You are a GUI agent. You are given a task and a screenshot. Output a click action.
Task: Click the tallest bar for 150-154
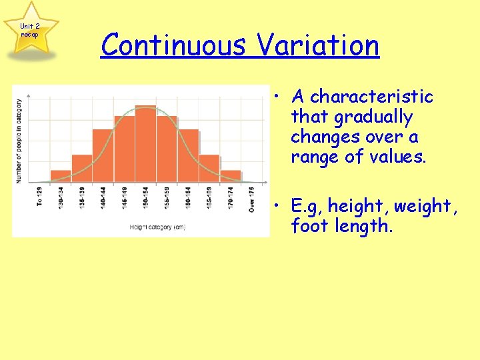[145, 144]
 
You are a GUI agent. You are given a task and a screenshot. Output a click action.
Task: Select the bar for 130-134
[61, 176]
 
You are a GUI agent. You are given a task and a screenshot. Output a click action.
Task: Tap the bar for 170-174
[231, 176]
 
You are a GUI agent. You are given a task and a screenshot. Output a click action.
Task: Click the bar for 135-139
[81, 168]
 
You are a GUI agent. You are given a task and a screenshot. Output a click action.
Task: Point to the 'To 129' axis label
[39, 197]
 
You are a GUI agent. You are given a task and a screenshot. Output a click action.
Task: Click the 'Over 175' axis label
[251, 199]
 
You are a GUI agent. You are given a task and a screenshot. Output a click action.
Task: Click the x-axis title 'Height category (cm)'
[157, 227]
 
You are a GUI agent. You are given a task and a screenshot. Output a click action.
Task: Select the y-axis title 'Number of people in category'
[19, 141]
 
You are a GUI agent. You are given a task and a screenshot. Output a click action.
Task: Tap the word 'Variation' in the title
[317, 45]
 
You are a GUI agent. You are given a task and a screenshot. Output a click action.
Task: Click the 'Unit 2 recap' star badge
[29, 30]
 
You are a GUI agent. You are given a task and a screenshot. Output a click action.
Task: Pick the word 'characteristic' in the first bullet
[372, 97]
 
